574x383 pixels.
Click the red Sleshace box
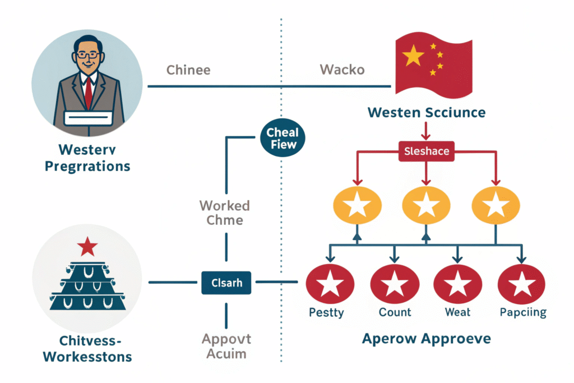click(426, 151)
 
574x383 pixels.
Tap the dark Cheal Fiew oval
click(283, 139)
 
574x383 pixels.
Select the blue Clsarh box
click(226, 283)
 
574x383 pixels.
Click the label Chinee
click(188, 71)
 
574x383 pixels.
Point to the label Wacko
click(342, 70)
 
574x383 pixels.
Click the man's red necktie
click(88, 93)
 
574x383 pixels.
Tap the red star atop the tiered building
click(88, 246)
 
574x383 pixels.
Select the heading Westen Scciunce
click(426, 113)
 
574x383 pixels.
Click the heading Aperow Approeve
click(427, 338)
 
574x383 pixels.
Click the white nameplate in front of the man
click(89, 118)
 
